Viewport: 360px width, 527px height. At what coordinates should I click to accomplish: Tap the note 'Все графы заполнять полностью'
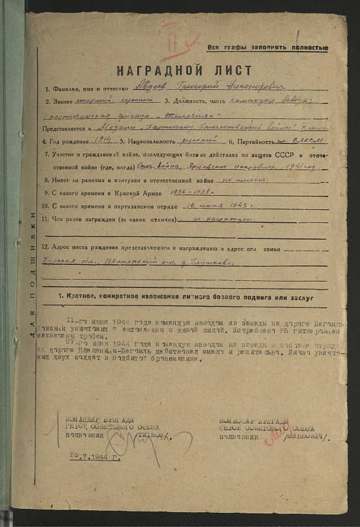click(x=268, y=48)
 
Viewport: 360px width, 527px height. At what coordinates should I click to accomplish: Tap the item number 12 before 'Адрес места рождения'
click(x=45, y=248)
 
